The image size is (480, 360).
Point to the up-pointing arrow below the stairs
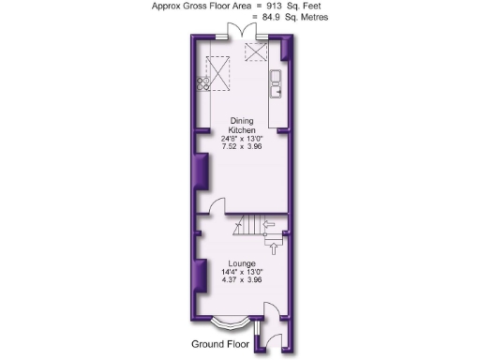coord(273,247)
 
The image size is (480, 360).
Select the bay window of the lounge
coord(229,324)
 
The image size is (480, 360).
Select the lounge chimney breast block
coord(201,276)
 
